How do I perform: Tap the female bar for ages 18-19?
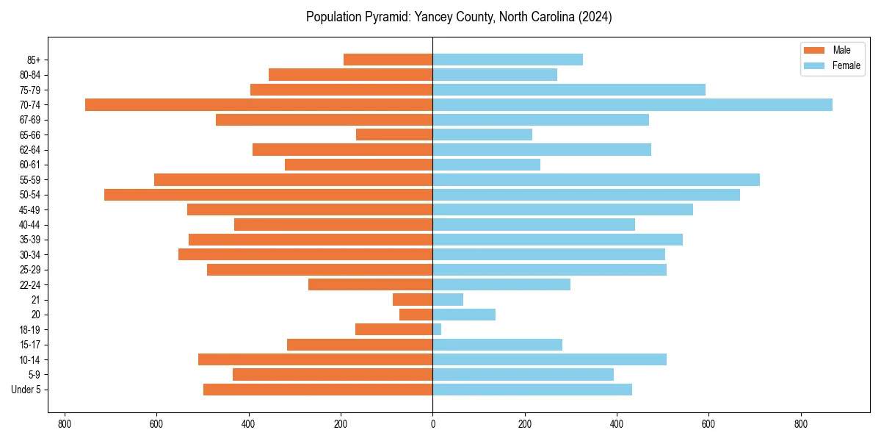[437, 329]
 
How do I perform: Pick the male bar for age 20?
[416, 315]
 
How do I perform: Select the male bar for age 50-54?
[268, 195]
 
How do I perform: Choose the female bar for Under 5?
[532, 390]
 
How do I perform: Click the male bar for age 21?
[413, 300]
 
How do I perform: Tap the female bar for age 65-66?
[482, 135]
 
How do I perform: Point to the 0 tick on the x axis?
[432, 424]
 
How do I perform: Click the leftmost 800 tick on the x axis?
[65, 424]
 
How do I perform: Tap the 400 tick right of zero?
[617, 424]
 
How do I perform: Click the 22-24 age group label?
[30, 284]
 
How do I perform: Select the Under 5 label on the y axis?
[26, 390]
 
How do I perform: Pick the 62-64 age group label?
[30, 150]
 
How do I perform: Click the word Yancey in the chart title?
[418, 17]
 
